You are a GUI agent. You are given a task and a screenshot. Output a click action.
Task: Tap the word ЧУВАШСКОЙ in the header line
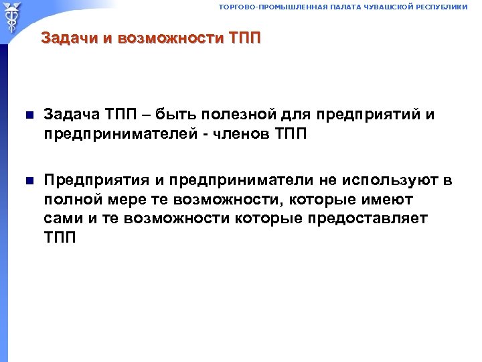pos(384,7)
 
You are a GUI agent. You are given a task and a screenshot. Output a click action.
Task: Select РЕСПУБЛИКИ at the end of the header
pos(440,7)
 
